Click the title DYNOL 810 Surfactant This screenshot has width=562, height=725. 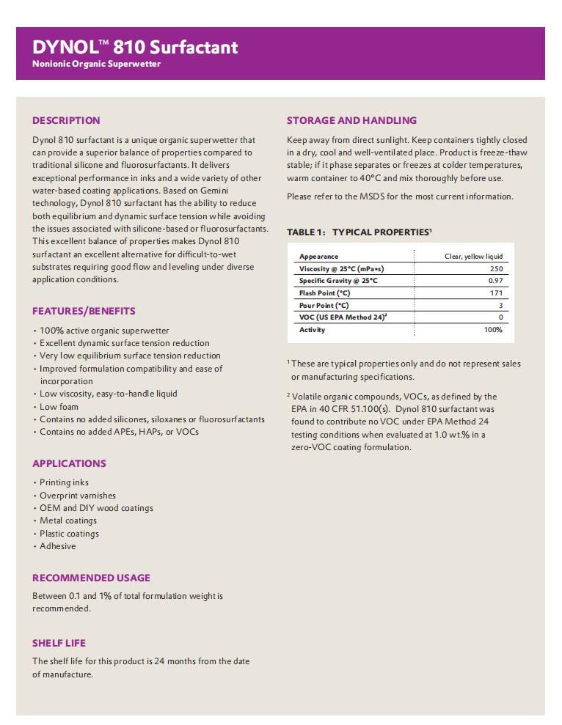pyautogui.click(x=135, y=48)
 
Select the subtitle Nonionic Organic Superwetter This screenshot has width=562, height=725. pyautogui.click(x=96, y=65)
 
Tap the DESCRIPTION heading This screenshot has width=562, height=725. pyautogui.click(x=66, y=120)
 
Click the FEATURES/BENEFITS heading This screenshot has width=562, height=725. pyautogui.click(x=84, y=311)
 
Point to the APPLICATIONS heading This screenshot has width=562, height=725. pyautogui.click(x=69, y=463)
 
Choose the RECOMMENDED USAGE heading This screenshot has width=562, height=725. pyautogui.click(x=91, y=578)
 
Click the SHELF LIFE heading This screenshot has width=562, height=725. pyautogui.click(x=59, y=643)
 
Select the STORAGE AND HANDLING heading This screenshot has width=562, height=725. pyautogui.click(x=351, y=120)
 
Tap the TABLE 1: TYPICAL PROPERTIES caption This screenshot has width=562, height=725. pyautogui.click(x=359, y=232)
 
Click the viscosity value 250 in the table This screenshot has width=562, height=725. pyautogui.click(x=496, y=269)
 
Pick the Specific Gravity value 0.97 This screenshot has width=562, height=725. pyautogui.click(x=495, y=281)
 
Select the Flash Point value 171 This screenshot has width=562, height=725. pyautogui.click(x=497, y=293)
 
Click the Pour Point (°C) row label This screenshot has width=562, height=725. pyautogui.click(x=324, y=305)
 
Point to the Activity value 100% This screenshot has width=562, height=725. pyautogui.click(x=493, y=330)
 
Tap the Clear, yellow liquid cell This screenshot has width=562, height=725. pyautogui.click(x=473, y=257)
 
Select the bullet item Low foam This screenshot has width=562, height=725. pyautogui.click(x=59, y=407)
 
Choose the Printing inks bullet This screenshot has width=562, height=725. pyautogui.click(x=64, y=482)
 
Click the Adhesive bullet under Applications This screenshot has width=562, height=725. pyautogui.click(x=57, y=546)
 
